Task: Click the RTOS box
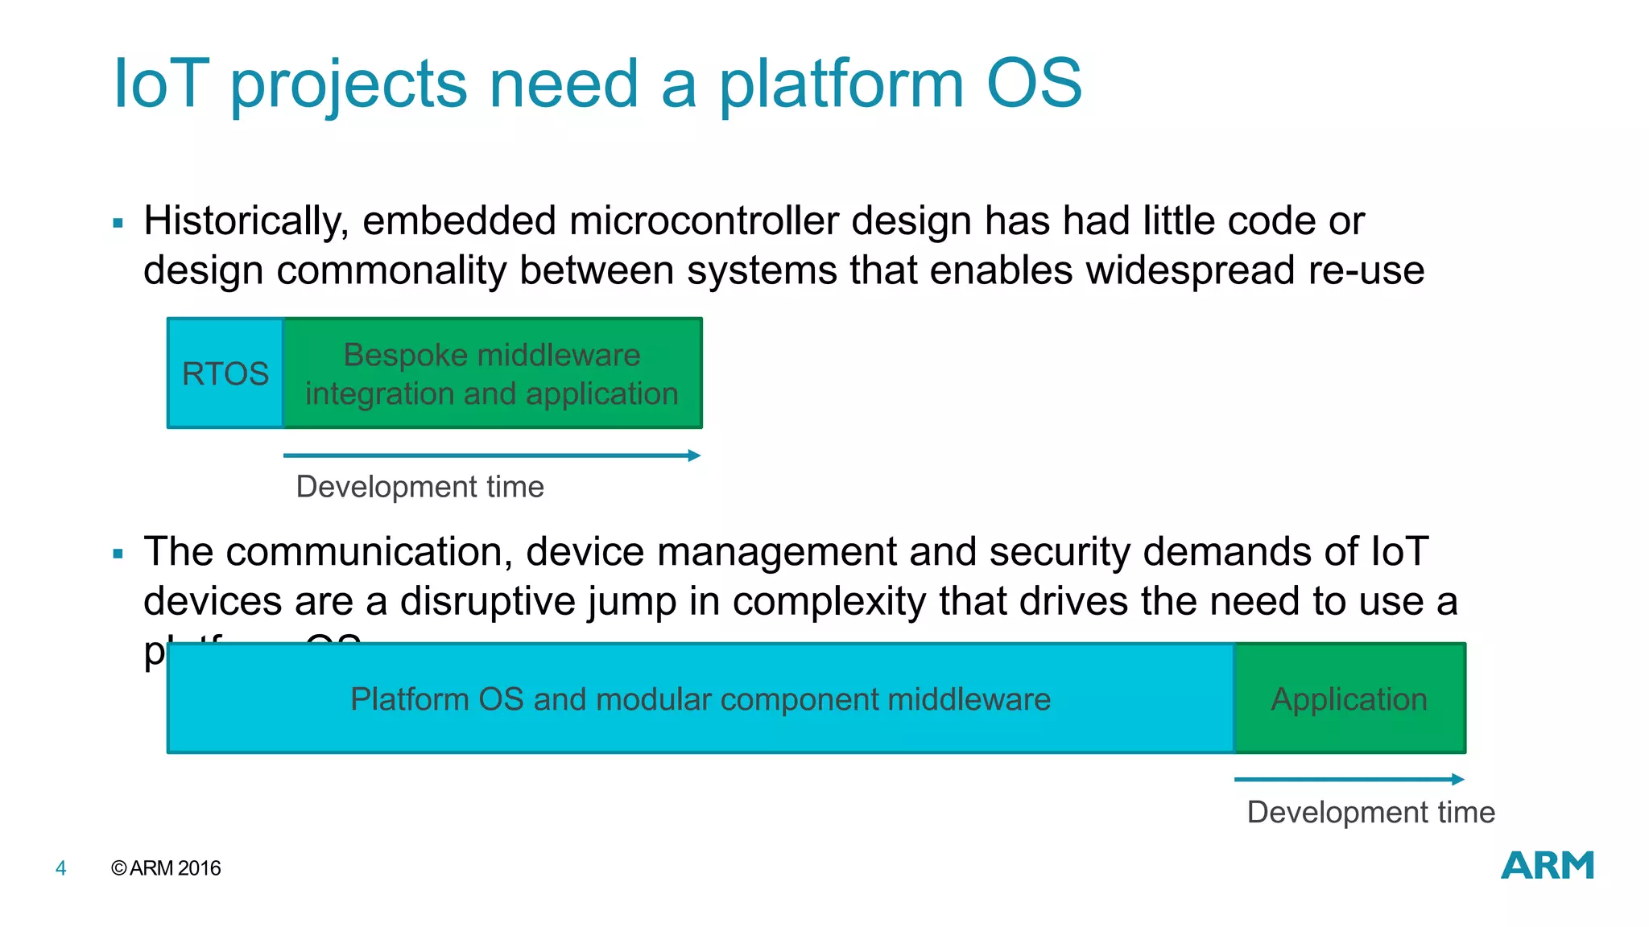pyautogui.click(x=225, y=373)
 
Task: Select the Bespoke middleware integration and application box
pyautogui.click(x=492, y=373)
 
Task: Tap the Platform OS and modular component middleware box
pyautogui.click(x=700, y=698)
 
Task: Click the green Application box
pyautogui.click(x=1349, y=698)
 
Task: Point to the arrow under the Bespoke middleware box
pyautogui.click(x=492, y=455)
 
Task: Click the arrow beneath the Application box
pyautogui.click(x=1349, y=779)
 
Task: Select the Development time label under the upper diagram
pyautogui.click(x=419, y=487)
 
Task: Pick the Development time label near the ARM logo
pyautogui.click(x=1370, y=812)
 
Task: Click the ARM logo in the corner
pyautogui.click(x=1547, y=866)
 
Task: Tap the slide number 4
pyautogui.click(x=60, y=868)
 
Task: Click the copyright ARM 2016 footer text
pyautogui.click(x=166, y=868)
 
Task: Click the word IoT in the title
pyautogui.click(x=161, y=84)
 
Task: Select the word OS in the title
pyautogui.click(x=1034, y=84)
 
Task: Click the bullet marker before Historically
pyautogui.click(x=118, y=224)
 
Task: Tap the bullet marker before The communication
pyautogui.click(x=118, y=554)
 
